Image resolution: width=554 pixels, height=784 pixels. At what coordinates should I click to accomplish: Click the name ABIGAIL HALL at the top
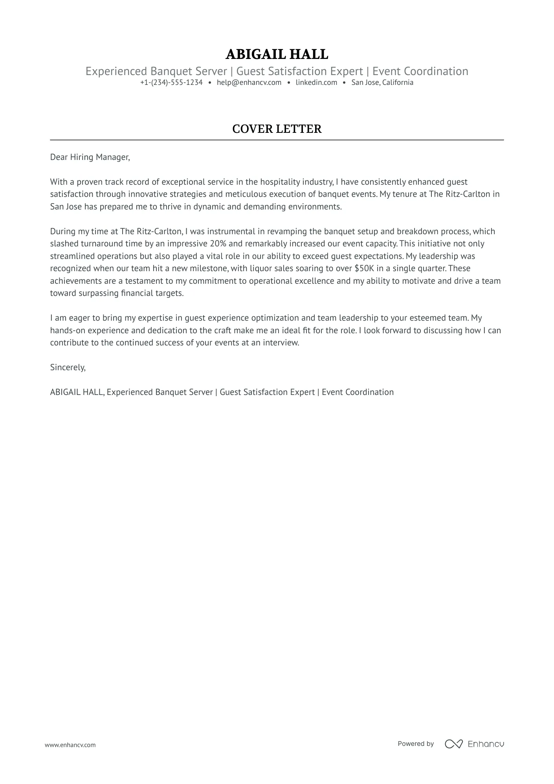[x=277, y=54]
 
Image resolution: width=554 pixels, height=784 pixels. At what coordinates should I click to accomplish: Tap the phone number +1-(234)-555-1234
[x=171, y=83]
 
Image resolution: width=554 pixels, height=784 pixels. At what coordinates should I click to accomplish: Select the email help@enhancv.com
[x=249, y=83]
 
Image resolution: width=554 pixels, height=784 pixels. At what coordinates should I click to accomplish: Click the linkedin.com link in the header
[x=316, y=83]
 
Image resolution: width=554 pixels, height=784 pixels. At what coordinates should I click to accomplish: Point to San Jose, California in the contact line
[x=382, y=83]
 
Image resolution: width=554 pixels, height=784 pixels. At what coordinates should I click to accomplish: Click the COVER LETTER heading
[x=277, y=129]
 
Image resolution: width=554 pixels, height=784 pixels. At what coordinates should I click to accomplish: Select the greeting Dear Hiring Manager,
[x=90, y=157]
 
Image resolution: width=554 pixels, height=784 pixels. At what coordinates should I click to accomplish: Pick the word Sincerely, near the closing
[x=68, y=367]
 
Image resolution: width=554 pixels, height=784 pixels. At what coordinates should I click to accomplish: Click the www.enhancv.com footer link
[x=70, y=745]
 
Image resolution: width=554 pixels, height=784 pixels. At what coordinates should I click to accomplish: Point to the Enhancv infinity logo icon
[x=453, y=744]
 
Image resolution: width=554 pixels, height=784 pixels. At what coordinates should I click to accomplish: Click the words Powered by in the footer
[x=415, y=744]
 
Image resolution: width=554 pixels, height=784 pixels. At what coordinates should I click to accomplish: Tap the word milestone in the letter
[x=208, y=268]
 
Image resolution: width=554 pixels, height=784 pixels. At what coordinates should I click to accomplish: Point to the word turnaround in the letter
[x=103, y=244]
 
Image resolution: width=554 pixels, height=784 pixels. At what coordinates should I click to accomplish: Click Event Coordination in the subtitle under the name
[x=420, y=71]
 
